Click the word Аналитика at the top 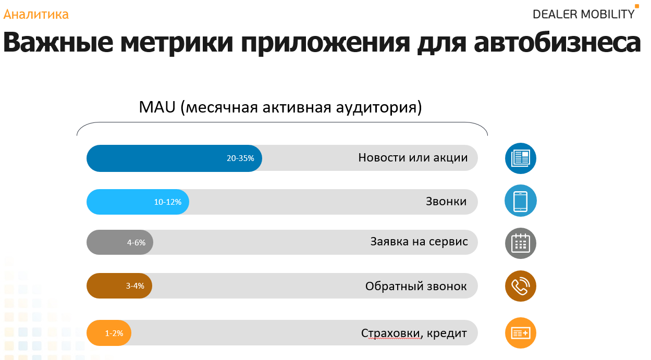pyautogui.click(x=36, y=14)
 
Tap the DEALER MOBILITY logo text pyautogui.click(x=583, y=14)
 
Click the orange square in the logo pyautogui.click(x=637, y=6)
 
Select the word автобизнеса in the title pyautogui.click(x=557, y=43)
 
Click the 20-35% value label pyautogui.click(x=240, y=158)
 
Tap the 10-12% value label pyautogui.click(x=168, y=202)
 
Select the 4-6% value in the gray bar pyautogui.click(x=136, y=242)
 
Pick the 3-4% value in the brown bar pyautogui.click(x=135, y=286)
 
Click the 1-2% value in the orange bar pyautogui.click(x=114, y=333)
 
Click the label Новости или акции pyautogui.click(x=413, y=157)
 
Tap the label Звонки pyautogui.click(x=446, y=201)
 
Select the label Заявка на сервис pyautogui.click(x=419, y=242)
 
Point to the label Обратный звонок pyautogui.click(x=416, y=286)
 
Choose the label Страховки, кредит pyautogui.click(x=414, y=333)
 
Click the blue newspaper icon pyautogui.click(x=521, y=158)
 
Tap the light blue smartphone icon pyautogui.click(x=521, y=201)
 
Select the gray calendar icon pyautogui.click(x=521, y=243)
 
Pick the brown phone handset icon pyautogui.click(x=521, y=286)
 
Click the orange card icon pyautogui.click(x=521, y=332)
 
